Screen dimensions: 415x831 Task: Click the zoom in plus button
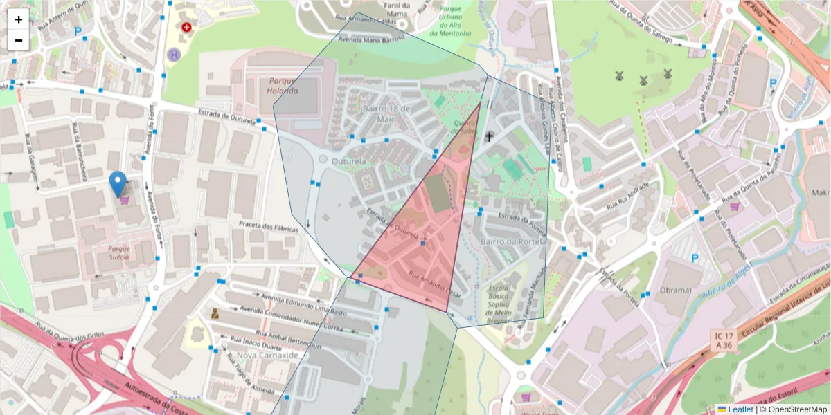(x=19, y=19)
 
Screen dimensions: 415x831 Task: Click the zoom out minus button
(x=19, y=40)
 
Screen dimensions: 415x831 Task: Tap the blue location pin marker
(x=118, y=184)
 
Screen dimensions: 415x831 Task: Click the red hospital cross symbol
(x=186, y=28)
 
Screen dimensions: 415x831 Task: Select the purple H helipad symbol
(x=173, y=54)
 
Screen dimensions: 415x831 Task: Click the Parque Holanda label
(x=283, y=86)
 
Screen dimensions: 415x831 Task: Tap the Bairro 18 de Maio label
(x=386, y=113)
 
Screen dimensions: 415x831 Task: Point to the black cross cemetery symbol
(x=489, y=137)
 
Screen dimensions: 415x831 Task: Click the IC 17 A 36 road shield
(x=724, y=340)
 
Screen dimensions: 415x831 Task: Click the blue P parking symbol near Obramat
(x=695, y=259)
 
